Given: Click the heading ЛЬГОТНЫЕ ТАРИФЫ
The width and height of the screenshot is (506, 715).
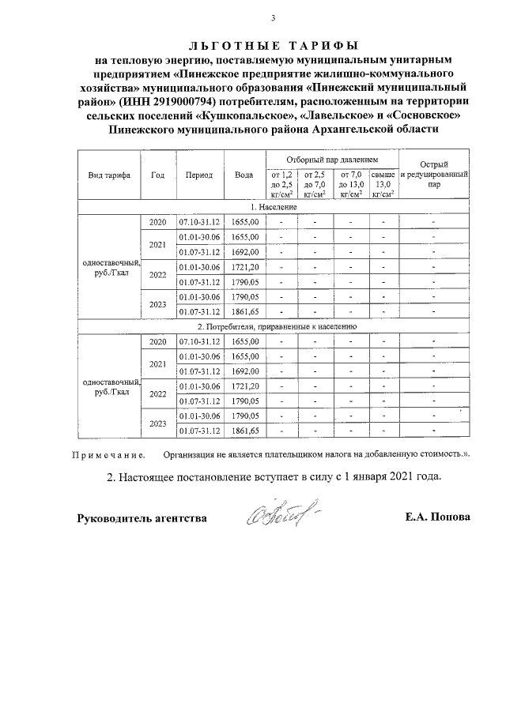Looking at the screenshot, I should click(273, 44).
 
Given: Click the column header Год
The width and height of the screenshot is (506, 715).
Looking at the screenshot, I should click(157, 175).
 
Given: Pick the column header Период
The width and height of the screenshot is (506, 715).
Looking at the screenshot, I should click(199, 175).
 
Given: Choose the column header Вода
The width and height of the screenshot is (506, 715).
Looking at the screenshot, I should click(244, 175).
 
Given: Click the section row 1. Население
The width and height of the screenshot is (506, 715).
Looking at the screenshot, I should click(274, 206).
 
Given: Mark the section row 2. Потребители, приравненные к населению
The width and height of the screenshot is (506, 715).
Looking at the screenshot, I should click(274, 326).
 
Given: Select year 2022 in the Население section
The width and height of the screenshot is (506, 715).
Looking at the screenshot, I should click(157, 275).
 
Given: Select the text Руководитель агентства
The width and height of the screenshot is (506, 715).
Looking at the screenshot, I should click(142, 518).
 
